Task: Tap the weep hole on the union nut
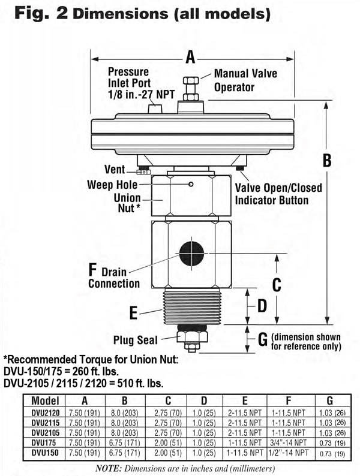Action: coord(191,184)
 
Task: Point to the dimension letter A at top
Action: coord(190,58)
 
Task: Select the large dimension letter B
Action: coord(327,161)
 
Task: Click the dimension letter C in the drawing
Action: coord(276,285)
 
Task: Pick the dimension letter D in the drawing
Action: coord(262,306)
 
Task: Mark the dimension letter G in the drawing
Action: coord(262,340)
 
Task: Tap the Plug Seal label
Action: coord(136,340)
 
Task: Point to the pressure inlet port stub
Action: coord(155,110)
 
